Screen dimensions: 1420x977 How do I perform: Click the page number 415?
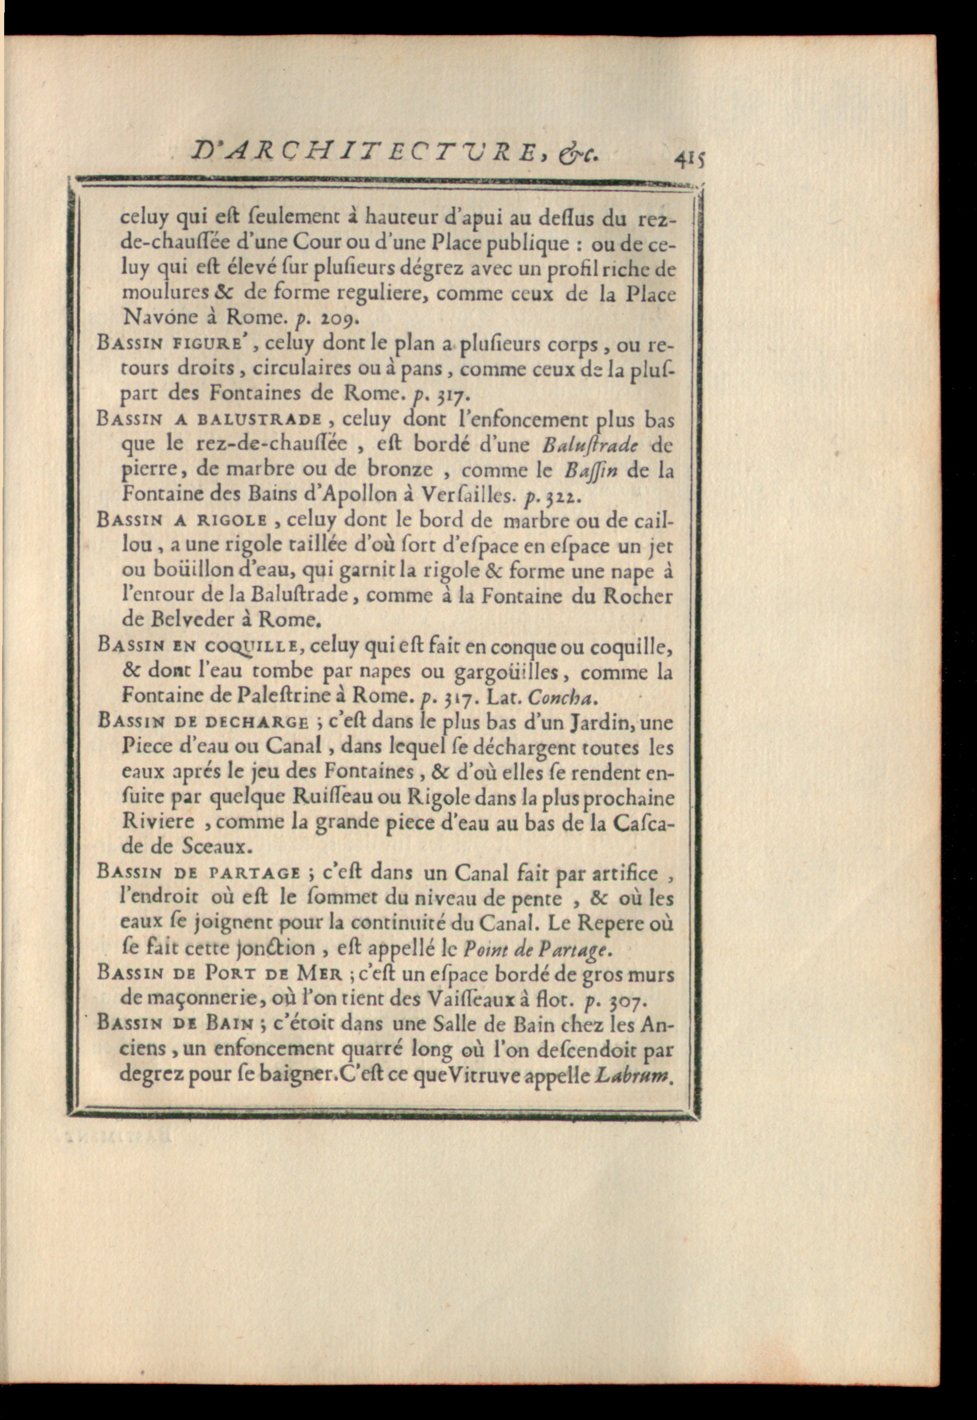(690, 161)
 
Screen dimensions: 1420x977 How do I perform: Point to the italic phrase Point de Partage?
(535, 949)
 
